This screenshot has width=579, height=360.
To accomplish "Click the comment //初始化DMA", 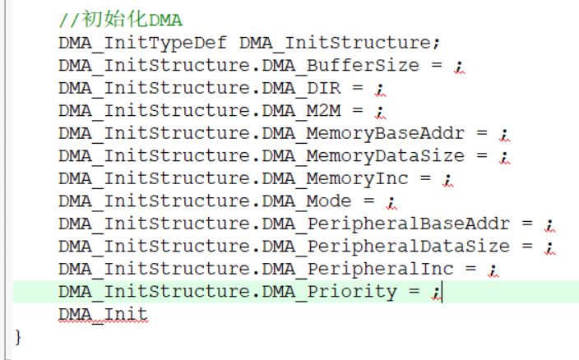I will coord(120,20).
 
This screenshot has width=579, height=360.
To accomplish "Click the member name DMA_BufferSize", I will coord(340,65).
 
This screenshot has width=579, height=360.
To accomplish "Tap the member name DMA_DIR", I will coord(301,88).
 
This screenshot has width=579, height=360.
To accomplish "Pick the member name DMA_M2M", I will coord(301,110).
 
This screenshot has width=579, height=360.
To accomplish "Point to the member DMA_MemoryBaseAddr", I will coord(364,133).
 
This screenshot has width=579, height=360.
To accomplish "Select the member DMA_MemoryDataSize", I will coord(364,155).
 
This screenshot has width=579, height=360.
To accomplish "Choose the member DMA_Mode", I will coord(307,201).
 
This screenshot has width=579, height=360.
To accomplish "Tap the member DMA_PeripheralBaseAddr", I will coord(386,224).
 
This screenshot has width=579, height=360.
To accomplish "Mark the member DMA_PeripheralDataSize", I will coord(386,246).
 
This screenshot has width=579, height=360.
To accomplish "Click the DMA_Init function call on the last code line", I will coord(103,314).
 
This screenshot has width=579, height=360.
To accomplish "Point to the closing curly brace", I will coord(19,336).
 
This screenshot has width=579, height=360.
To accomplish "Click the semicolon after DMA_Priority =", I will coord(438,292).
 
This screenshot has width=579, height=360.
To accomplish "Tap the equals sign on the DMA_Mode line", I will coord(369,201).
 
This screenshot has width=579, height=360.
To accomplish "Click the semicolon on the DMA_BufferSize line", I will coord(459,66).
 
